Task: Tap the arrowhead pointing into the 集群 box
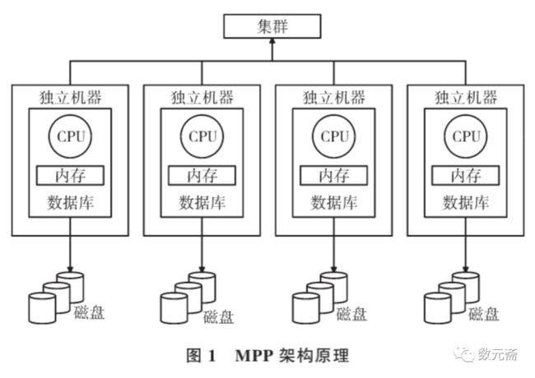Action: (272, 41)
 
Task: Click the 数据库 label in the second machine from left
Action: (202, 203)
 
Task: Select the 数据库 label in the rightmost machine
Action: (466, 203)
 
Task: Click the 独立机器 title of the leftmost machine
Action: (70, 98)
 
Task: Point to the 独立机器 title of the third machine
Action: (334, 98)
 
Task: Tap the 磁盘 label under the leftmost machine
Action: (89, 312)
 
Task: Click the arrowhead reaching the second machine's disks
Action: (202, 269)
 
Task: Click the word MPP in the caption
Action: (254, 356)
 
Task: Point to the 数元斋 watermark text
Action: (497, 354)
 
